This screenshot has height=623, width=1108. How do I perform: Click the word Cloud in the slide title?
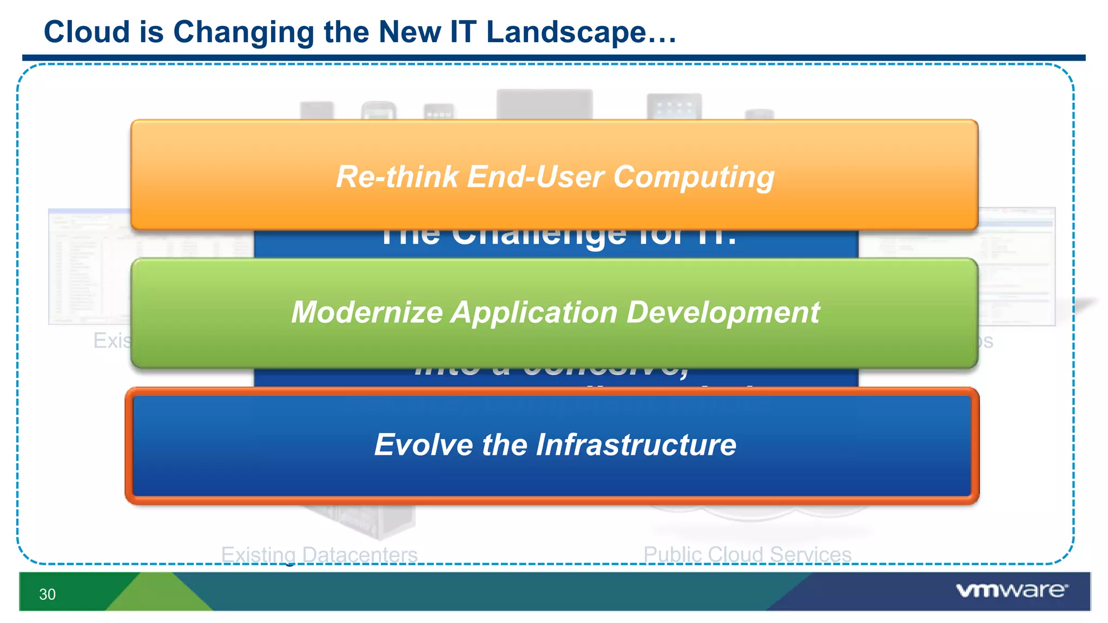[x=87, y=31]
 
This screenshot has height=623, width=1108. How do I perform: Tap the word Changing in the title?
[x=243, y=32]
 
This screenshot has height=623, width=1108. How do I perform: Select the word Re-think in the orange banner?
[x=397, y=176]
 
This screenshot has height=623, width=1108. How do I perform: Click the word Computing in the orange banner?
[x=694, y=177]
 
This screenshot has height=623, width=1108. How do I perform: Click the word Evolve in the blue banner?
[x=424, y=445]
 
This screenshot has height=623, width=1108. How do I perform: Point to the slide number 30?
[x=47, y=594]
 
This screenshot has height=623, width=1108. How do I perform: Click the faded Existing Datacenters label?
[x=319, y=554]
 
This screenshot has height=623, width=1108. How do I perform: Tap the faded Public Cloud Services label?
[x=747, y=554]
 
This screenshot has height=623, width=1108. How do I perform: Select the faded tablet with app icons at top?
[x=674, y=107]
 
